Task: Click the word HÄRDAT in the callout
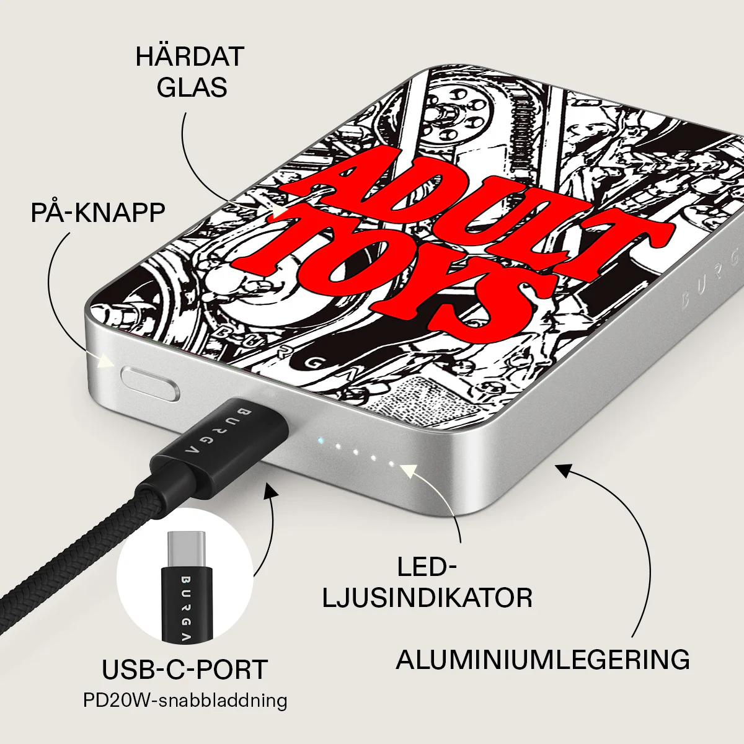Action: [x=190, y=56]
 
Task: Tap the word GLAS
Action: [x=192, y=87]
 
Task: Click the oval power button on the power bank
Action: [x=150, y=384]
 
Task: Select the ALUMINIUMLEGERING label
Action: [x=543, y=660]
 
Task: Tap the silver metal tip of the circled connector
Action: [x=187, y=549]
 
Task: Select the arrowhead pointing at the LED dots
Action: [x=409, y=469]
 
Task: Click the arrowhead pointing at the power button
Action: [x=107, y=361]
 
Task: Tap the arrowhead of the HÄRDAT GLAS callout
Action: [x=280, y=211]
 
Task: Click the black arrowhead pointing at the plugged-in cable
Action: [x=271, y=490]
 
